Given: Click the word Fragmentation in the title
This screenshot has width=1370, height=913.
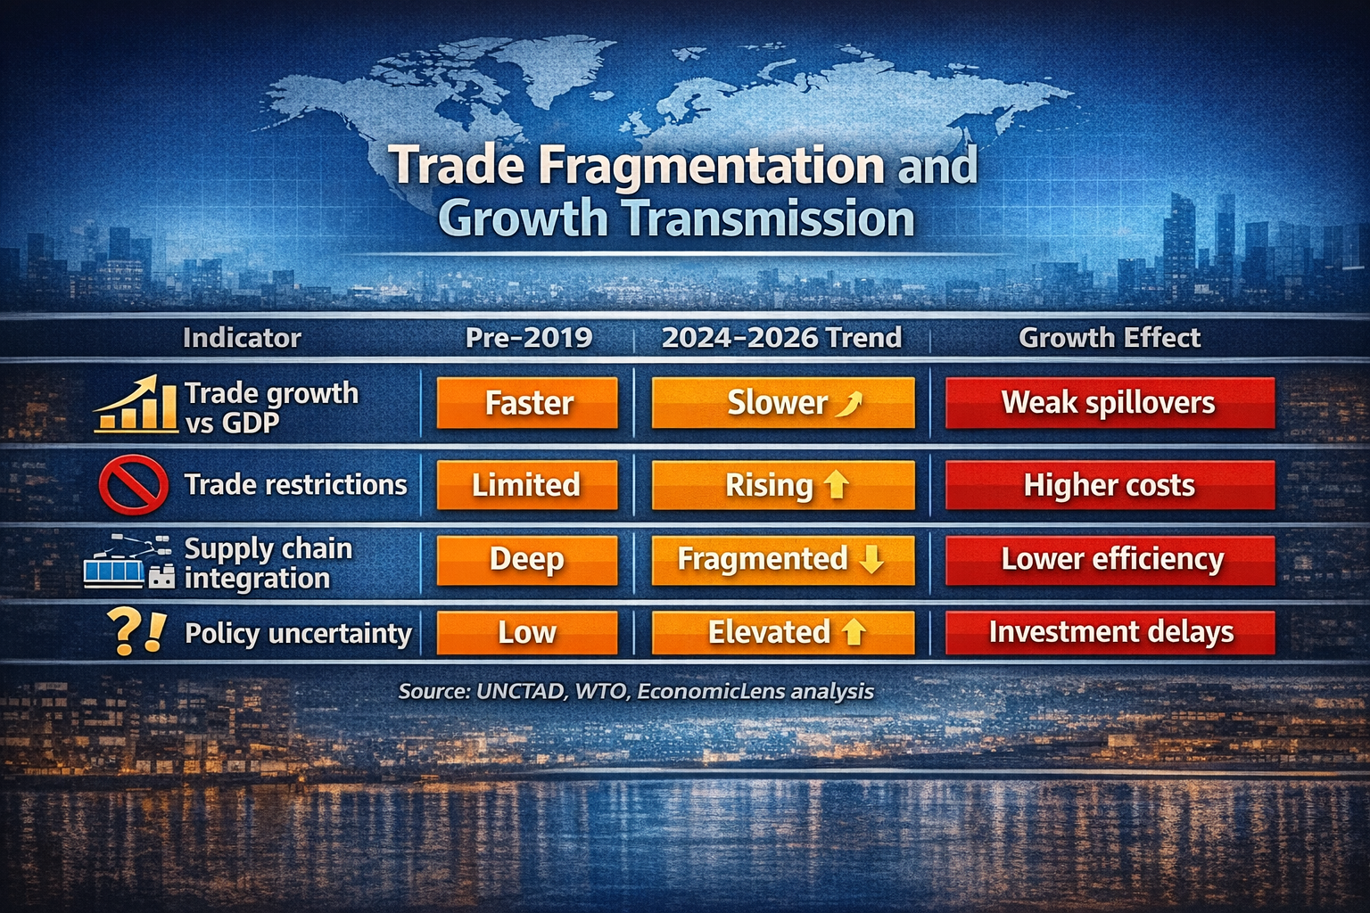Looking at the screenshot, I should coord(711,166).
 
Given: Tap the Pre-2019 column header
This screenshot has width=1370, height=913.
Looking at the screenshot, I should coord(529,338).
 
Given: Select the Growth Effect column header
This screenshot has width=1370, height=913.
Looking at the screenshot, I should coord(1110,338).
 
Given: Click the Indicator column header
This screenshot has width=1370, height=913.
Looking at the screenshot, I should coord(242,338).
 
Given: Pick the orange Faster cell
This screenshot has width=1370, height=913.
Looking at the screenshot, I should coord(527,403).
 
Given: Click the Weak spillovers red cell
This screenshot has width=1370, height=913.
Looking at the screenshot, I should coord(1110,403).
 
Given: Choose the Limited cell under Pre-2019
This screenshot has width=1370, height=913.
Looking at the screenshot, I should coord(527,485).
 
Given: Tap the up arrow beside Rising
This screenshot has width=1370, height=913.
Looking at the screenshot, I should coord(837,485).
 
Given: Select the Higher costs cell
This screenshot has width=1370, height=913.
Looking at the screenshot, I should coord(1110,485).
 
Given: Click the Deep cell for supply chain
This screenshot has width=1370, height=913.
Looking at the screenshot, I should coord(527,560).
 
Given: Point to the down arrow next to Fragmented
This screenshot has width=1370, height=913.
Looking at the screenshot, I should coord(871,560).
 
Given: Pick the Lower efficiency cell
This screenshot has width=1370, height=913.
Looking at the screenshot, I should coord(1110,560).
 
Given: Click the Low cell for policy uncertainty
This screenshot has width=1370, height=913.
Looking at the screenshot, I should coord(527,633).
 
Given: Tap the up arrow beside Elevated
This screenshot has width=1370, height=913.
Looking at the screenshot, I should coord(854,633).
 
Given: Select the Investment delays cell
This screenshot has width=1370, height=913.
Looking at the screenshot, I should coord(1110,633).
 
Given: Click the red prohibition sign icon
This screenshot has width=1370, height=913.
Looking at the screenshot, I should coord(134,485).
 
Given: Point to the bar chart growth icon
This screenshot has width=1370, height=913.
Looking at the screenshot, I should coord(136,406).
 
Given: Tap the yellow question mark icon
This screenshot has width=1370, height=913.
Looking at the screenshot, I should coord(123,632).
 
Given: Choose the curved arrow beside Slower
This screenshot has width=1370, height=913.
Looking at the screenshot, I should coord(848,405).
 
